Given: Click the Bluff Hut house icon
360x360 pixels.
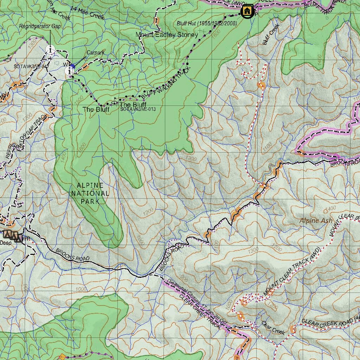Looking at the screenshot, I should point(247,11).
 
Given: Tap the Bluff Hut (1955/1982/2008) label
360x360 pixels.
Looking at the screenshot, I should point(207,24).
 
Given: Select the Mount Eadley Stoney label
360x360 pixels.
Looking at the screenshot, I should point(167,34).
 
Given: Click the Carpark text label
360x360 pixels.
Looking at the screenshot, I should point(96,53).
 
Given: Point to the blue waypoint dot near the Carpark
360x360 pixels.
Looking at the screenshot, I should point(72,66).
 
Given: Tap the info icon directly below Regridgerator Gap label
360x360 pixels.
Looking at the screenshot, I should point(50,49).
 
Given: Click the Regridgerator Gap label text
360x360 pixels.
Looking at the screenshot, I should point(40,26).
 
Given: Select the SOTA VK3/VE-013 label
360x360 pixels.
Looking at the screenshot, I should point(138,109).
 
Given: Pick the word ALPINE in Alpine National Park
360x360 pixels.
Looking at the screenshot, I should point(90,185).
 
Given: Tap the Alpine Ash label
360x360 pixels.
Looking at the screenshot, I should point(316,220).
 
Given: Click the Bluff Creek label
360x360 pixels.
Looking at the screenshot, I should point(270,34).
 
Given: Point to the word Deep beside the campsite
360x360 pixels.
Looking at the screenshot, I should point(5,243).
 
